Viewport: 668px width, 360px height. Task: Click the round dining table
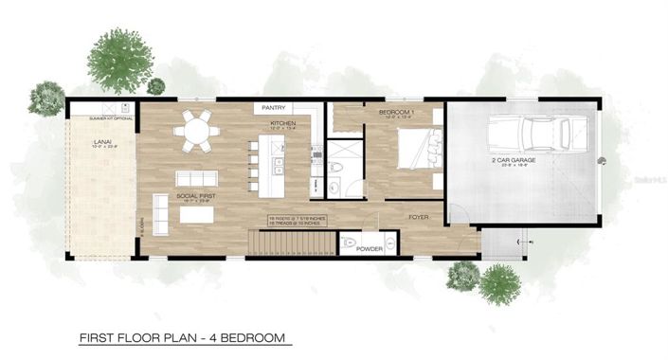point(199,132)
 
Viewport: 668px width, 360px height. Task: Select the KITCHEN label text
point(283,123)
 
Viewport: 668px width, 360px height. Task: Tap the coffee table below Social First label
point(197,215)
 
